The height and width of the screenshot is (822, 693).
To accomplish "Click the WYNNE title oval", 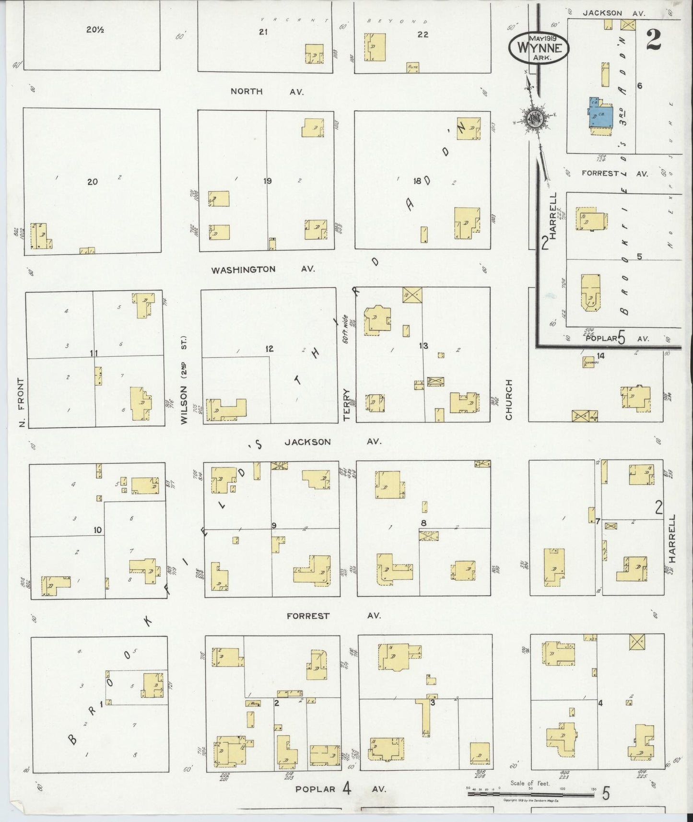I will (539, 47).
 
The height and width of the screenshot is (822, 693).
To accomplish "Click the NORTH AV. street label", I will (267, 91).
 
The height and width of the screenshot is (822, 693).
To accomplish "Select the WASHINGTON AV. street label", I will (263, 269).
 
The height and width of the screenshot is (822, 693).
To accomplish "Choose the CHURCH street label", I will (509, 399).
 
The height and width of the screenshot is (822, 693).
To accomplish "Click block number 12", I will (270, 349).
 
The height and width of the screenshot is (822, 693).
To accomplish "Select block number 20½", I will (95, 30).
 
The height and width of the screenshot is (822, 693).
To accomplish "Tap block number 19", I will (268, 181).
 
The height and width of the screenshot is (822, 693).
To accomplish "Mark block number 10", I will (98, 529).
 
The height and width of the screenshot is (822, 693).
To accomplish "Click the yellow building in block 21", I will (314, 54).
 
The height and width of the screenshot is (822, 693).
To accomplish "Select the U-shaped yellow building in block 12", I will (226, 410).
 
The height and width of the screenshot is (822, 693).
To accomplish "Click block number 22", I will (423, 35).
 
